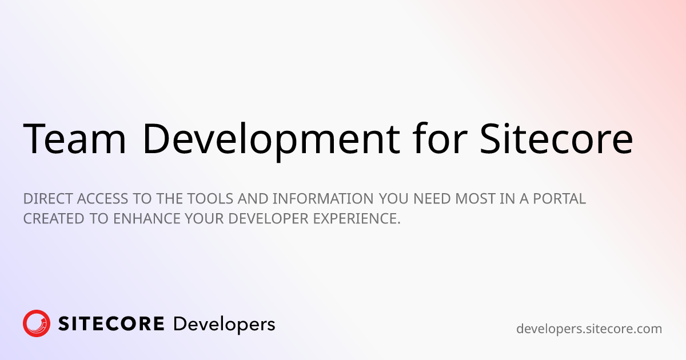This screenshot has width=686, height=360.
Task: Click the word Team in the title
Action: click(x=74, y=139)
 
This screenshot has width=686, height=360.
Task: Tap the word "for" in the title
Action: click(x=439, y=139)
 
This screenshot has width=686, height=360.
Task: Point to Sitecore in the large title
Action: click(x=556, y=139)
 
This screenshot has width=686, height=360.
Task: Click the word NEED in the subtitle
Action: click(x=433, y=199)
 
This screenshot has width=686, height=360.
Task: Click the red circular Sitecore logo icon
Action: click(x=37, y=323)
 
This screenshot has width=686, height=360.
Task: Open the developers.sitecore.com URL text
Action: click(x=589, y=329)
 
